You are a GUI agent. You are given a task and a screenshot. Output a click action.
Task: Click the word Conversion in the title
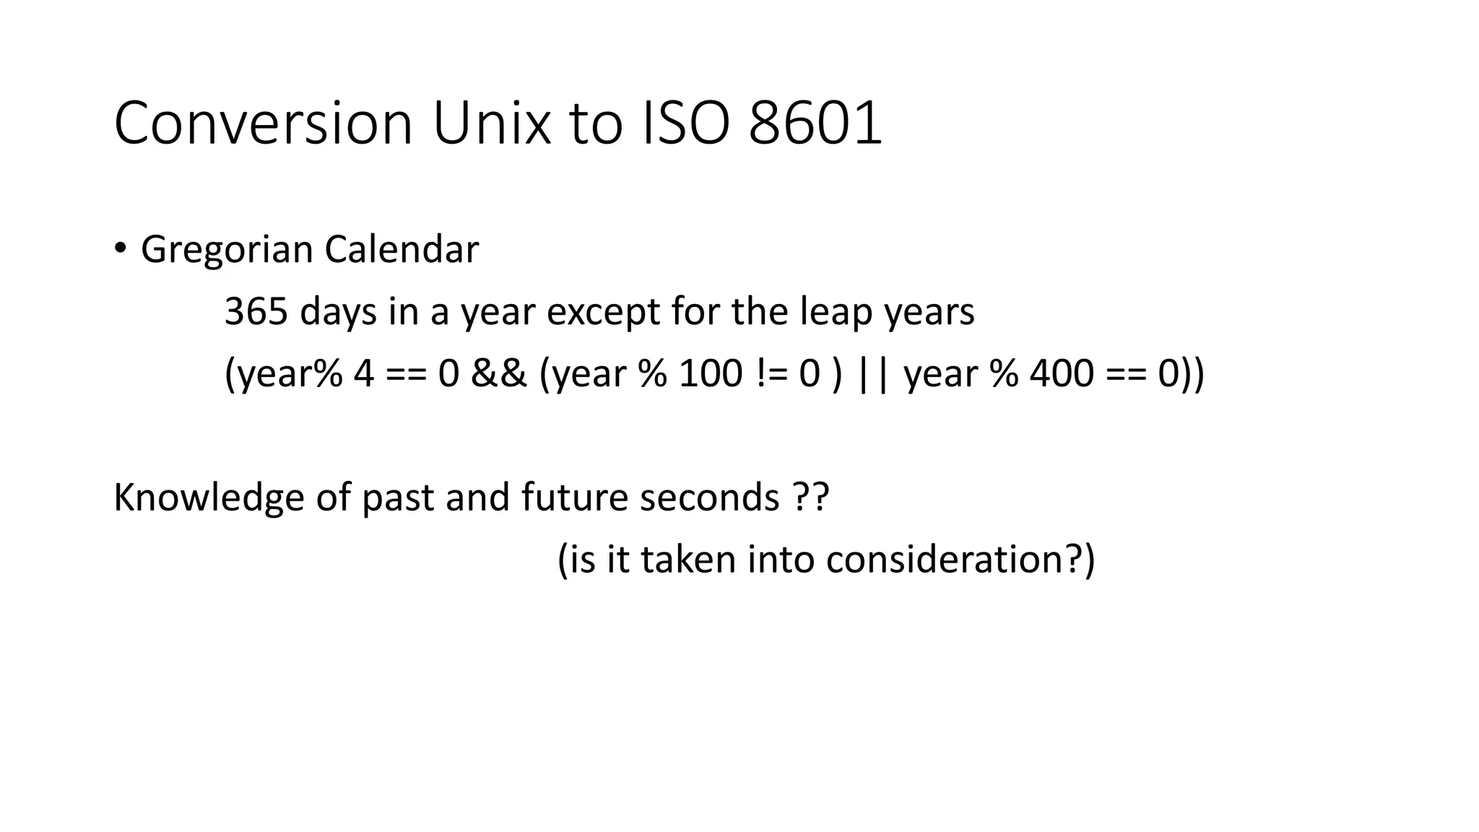263,123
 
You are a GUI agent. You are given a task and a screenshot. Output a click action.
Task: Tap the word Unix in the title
491,123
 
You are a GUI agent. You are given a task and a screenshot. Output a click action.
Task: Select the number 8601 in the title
815,123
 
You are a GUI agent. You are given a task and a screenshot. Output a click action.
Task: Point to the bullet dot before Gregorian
120,248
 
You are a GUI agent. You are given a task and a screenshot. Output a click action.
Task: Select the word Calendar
402,249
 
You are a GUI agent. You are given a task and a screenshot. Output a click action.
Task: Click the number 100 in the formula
711,374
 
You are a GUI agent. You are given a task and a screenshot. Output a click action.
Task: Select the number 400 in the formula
1062,374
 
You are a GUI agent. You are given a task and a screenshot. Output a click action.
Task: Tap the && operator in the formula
499,374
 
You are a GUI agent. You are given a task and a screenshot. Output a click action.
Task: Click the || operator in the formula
872,374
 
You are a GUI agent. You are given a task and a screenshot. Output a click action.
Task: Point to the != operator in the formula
771,374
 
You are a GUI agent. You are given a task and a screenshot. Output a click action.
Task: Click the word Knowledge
209,498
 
